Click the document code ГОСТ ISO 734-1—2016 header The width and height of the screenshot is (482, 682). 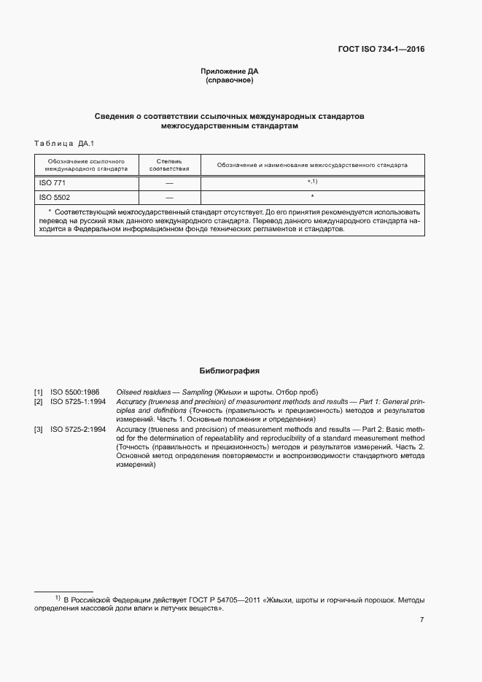click(x=380, y=50)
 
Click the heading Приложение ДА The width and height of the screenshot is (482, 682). click(x=230, y=71)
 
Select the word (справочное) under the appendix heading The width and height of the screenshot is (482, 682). click(x=230, y=80)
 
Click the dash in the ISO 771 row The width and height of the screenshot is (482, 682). click(x=169, y=182)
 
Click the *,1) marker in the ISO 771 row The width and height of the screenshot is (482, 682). click(x=312, y=182)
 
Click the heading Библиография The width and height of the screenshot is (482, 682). click(x=230, y=371)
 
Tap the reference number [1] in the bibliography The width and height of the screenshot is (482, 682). click(x=39, y=392)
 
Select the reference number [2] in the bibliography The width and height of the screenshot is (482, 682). click(x=39, y=402)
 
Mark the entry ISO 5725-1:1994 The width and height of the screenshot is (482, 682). click(x=78, y=402)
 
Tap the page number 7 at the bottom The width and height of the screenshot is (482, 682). click(x=421, y=620)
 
